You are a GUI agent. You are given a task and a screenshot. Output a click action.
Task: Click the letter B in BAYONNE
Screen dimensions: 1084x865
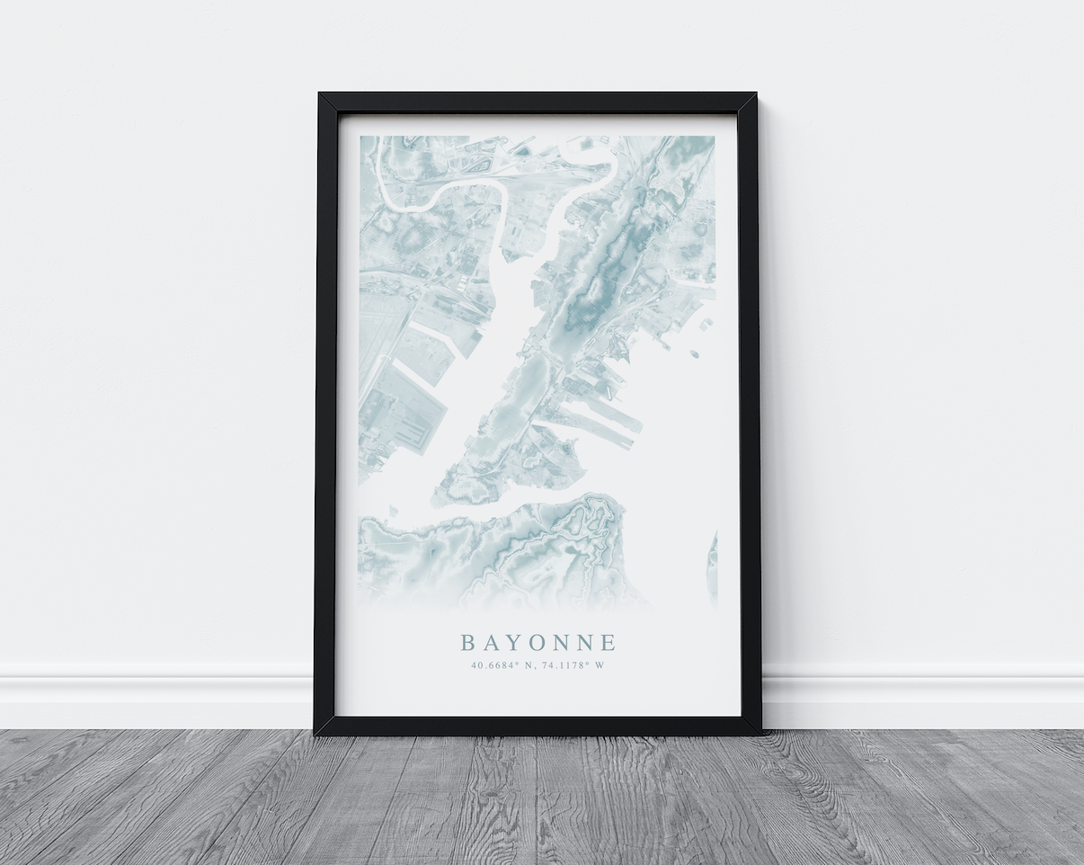pos(467,643)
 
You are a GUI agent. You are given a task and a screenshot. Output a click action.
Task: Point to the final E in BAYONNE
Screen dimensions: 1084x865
pos(609,643)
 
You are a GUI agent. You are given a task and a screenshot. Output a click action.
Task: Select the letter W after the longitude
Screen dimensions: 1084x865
pos(600,666)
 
